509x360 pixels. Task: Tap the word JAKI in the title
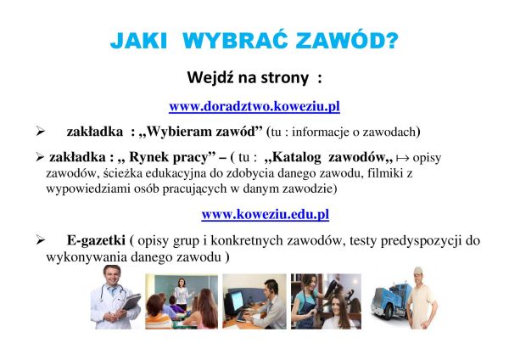tap(138, 41)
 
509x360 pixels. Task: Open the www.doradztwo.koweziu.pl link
tap(255, 106)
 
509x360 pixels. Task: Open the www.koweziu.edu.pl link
tap(266, 215)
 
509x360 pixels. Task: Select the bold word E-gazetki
tap(96, 240)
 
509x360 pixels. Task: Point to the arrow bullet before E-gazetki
tap(40, 240)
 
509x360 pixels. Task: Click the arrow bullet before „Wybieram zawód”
tap(40, 132)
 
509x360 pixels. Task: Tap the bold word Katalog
tap(293, 157)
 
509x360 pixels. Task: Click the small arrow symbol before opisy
tap(402, 158)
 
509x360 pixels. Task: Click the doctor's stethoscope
tap(113, 291)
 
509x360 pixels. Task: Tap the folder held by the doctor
tap(131, 302)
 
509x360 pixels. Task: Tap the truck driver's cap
tap(418, 271)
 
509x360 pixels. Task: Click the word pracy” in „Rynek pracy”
tap(193, 157)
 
